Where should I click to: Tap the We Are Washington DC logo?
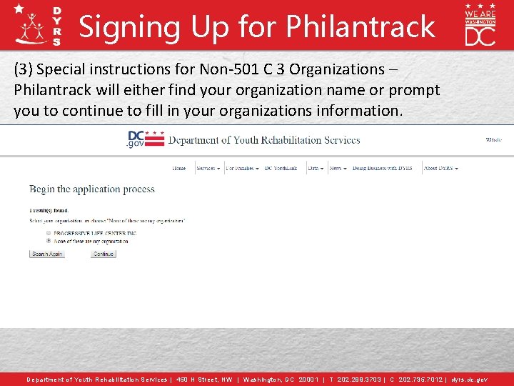[480, 25]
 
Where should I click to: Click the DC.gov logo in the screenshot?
[145, 139]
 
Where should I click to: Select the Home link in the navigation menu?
[179, 169]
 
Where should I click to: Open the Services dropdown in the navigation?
[207, 169]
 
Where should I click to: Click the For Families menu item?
[241, 169]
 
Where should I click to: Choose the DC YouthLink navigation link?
[281, 169]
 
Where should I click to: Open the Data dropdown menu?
[316, 169]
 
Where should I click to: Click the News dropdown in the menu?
[337, 169]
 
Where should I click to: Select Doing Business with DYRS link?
[384, 169]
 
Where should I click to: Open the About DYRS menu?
[440, 169]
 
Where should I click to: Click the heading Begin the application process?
[92, 189]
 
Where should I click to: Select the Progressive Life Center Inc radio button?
[48, 234]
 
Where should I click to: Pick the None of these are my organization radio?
[48, 242]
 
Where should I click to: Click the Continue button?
[104, 254]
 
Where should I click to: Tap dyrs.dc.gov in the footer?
[469, 380]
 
